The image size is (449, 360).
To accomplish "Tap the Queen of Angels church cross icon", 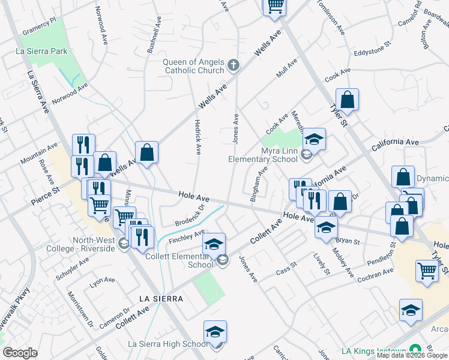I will pos(233,65).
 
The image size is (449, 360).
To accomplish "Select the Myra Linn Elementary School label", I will pos(262,155).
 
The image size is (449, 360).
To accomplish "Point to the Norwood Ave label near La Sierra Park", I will pos(69,94).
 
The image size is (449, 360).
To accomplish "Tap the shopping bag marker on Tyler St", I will pos(347,100).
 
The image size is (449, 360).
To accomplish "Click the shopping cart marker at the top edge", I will pos(275,6).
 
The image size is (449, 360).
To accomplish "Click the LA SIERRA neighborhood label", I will pos(160,298).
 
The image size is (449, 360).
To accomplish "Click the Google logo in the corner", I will pos(20,353).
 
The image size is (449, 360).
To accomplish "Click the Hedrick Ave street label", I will pos(197,136).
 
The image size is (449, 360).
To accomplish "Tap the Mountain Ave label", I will pos(38,153).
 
